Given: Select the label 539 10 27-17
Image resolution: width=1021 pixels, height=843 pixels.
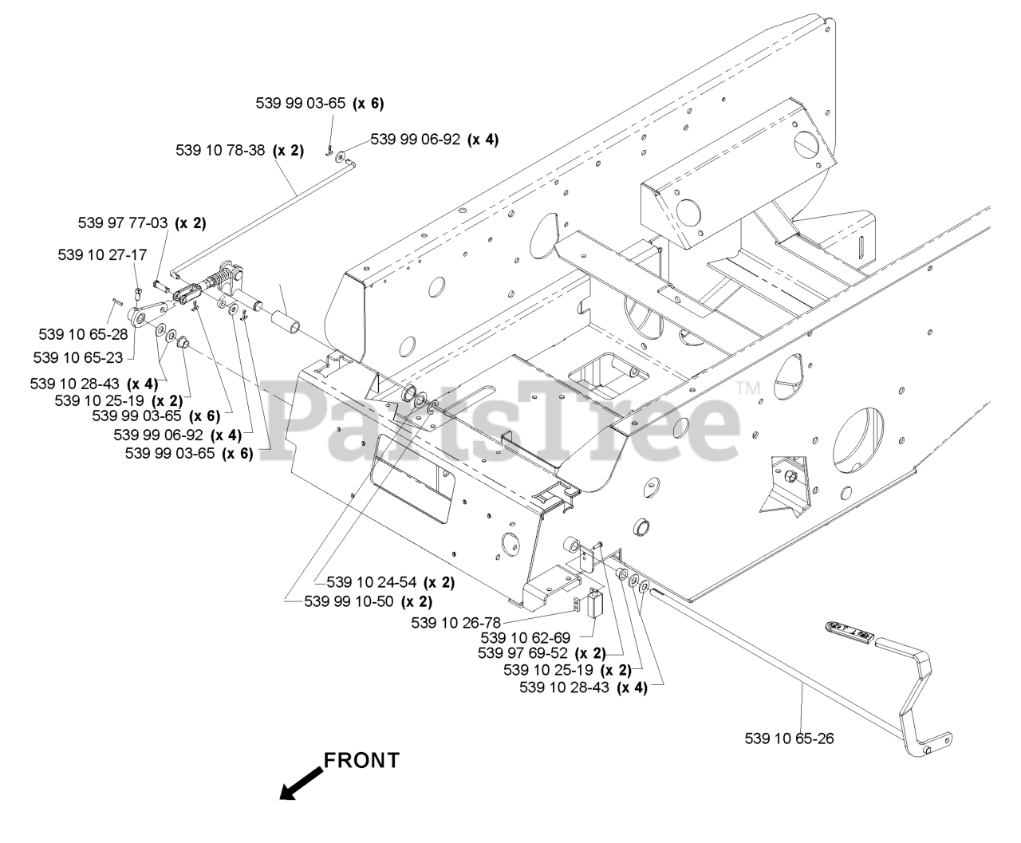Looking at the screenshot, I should click(102, 254).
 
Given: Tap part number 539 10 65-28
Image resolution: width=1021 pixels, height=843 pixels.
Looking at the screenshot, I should click(83, 333).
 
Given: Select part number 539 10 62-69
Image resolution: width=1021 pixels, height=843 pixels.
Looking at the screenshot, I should click(526, 637).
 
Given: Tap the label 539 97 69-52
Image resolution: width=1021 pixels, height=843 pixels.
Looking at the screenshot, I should click(522, 653).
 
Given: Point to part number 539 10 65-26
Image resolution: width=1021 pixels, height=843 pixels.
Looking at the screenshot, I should click(789, 739).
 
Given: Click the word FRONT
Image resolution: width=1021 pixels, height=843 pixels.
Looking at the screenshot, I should click(361, 760).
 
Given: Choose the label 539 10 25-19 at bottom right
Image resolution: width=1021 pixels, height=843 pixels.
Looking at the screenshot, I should click(550, 669).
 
